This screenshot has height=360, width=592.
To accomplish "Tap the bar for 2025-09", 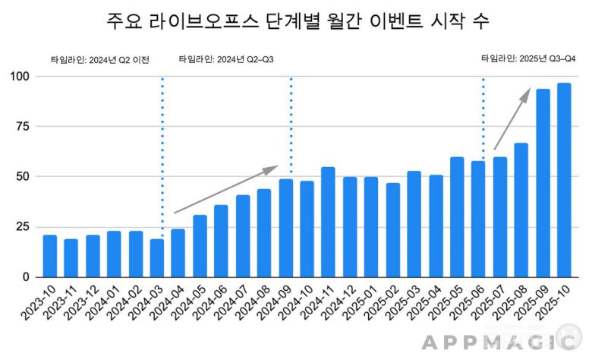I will pyautogui.click(x=543, y=183).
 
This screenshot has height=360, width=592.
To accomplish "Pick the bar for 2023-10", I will pyautogui.click(x=50, y=256).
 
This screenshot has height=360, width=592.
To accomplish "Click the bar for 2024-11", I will pyautogui.click(x=328, y=222).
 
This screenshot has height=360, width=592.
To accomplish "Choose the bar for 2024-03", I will pyautogui.click(x=157, y=258).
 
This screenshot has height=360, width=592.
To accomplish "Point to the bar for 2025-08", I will pyautogui.click(x=521, y=210).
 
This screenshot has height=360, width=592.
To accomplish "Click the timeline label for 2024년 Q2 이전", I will pyautogui.click(x=99, y=60).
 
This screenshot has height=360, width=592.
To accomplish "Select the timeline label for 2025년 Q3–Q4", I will pyautogui.click(x=529, y=58).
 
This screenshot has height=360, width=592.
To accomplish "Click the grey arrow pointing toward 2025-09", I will pyautogui.click(x=512, y=118).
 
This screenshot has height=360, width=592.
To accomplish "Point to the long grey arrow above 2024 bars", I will pyautogui.click(x=227, y=190).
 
